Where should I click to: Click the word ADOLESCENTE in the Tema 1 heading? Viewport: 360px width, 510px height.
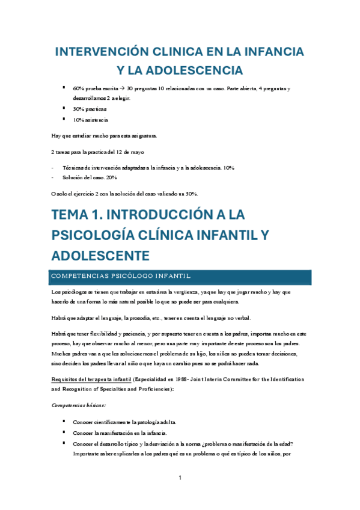tap(100, 255)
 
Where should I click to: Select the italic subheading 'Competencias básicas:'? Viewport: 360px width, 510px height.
tap(79, 406)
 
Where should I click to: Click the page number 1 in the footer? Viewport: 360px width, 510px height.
tap(180, 478)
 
